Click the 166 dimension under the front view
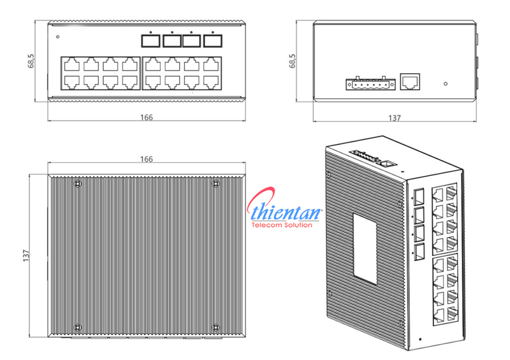click(146, 117)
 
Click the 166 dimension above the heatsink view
click(147, 159)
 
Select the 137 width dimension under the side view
click(395, 118)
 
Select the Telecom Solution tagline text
click(284, 226)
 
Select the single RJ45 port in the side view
click(410, 81)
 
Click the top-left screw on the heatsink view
click(78, 184)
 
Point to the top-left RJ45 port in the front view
click(71, 65)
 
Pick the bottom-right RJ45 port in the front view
click(212, 81)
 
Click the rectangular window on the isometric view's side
click(365, 248)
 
